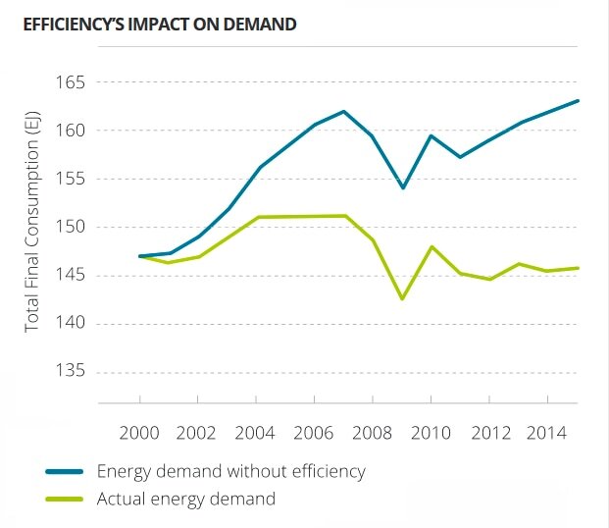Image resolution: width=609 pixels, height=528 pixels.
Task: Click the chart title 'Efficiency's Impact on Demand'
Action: point(159,24)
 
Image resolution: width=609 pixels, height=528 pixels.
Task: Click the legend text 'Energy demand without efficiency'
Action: point(230,471)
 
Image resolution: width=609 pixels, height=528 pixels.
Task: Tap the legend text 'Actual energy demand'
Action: point(186,499)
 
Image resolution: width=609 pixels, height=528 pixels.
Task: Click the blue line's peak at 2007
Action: point(343,111)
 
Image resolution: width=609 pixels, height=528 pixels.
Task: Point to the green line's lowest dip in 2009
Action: point(402,298)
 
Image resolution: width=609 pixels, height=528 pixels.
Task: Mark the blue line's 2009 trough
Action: point(402,187)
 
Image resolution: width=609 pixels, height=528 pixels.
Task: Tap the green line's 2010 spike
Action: point(431,246)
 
